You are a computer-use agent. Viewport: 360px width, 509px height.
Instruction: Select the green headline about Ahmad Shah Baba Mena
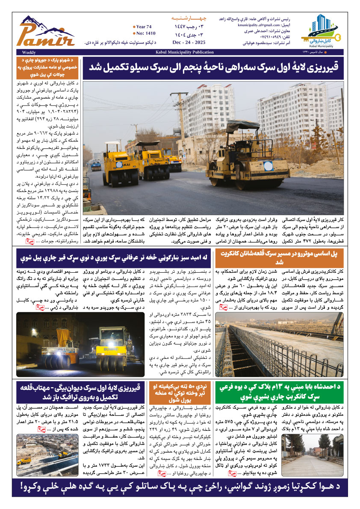pyautogui.click(x=279, y=392)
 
